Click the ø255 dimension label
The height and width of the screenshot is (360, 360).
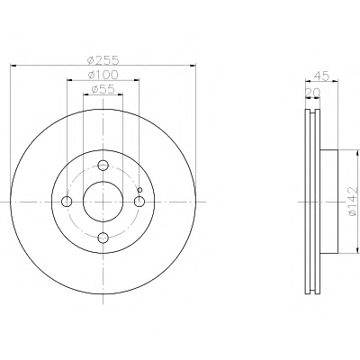point(103,60)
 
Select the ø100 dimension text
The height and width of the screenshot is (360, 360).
point(103,75)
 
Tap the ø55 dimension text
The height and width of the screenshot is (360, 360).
point(103,89)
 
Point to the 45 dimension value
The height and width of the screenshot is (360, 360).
point(321,76)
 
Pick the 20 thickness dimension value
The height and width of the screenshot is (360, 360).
point(312,93)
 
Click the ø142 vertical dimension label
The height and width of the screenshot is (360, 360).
point(353,201)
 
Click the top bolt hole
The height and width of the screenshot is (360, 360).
point(103,165)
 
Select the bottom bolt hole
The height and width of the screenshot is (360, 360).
point(103,238)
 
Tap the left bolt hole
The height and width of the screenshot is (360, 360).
point(67,202)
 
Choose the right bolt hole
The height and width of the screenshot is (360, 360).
point(139,202)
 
